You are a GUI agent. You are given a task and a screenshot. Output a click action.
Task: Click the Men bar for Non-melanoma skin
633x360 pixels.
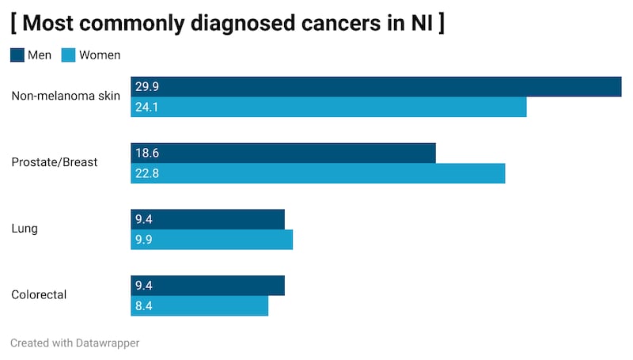376,87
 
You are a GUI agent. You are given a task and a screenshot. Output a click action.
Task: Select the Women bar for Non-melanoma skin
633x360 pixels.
328,107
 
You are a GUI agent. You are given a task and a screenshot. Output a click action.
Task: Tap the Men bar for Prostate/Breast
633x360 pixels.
283,153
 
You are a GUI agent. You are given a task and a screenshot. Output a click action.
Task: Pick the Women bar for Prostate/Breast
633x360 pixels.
317,173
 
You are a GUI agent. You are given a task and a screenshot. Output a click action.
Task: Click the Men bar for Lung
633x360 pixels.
207,219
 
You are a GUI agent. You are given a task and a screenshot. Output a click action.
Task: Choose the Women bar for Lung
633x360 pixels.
212,240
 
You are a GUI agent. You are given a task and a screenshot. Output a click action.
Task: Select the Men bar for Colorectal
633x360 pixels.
207,286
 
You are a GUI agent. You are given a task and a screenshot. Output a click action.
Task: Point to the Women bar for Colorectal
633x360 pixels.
199,306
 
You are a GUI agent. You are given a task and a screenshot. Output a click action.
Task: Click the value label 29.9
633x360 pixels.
147,87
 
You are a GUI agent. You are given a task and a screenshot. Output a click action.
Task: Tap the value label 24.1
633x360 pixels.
147,107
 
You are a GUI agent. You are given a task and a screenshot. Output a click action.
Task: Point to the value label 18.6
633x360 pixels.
147,153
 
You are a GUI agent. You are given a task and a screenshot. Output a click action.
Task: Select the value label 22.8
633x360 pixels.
147,173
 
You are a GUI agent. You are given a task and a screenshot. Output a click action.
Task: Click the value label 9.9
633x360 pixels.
144,240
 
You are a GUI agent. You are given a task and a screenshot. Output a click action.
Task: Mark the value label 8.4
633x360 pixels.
144,306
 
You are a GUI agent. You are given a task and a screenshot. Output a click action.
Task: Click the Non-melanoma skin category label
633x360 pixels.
66,97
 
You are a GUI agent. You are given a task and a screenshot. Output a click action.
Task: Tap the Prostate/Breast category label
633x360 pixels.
55,162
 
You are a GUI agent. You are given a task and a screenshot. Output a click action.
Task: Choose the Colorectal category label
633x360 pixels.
39,295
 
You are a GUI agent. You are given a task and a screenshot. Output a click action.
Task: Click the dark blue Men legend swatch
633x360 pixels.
17,55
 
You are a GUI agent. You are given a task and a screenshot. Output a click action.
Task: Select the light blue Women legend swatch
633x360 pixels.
69,55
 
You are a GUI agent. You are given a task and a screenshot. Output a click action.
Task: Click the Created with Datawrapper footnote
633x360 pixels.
75,343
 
